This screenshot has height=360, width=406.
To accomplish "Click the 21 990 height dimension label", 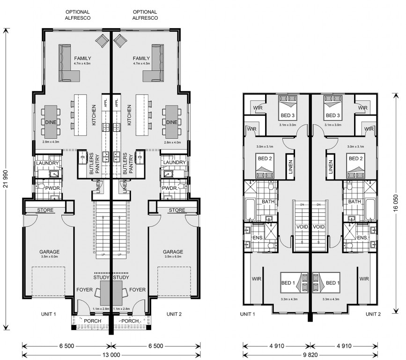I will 6,178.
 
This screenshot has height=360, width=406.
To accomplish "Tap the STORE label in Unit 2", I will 177,210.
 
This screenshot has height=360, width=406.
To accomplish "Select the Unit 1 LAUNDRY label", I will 47,163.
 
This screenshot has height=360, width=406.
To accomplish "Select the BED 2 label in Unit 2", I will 355,159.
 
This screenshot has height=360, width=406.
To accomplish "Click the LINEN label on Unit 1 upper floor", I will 290,167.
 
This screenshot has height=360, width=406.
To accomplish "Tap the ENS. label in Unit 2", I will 362,238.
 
